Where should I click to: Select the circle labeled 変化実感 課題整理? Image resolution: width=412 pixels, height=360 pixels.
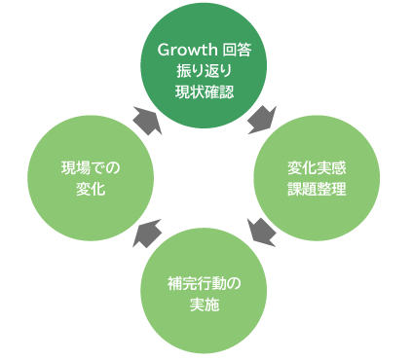[x=318, y=175]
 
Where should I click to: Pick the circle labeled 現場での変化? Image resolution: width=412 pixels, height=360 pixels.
[x=91, y=175]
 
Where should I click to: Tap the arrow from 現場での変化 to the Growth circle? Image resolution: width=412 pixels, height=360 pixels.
[x=146, y=119]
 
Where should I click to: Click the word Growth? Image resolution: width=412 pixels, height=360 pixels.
[x=187, y=50]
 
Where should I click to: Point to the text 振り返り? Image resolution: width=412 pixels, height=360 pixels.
[x=204, y=71]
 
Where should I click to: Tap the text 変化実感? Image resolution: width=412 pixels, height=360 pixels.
[x=318, y=164]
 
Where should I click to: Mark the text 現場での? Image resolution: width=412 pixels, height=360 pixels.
[x=91, y=164]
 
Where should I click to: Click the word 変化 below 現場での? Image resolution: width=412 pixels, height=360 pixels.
[x=91, y=186]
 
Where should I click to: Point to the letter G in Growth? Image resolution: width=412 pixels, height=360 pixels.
[x=166, y=50]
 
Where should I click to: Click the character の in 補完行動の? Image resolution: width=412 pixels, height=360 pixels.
[x=233, y=282]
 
